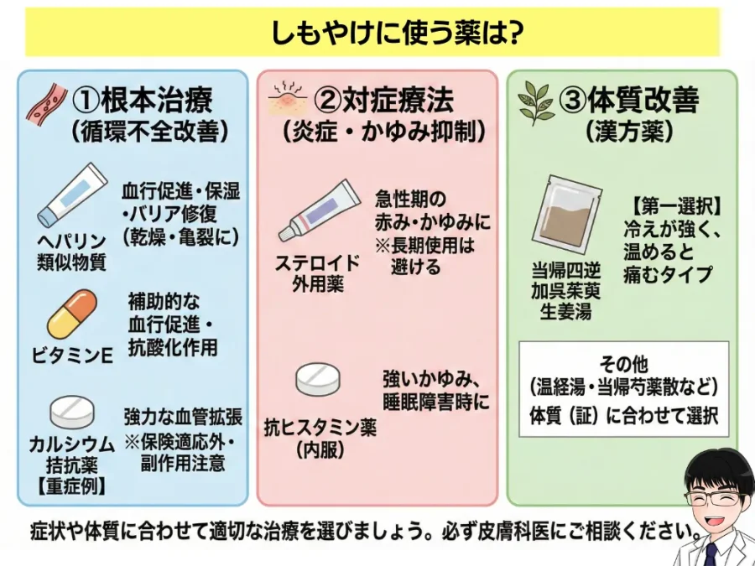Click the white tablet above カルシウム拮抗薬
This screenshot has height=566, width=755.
coord(73,411)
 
